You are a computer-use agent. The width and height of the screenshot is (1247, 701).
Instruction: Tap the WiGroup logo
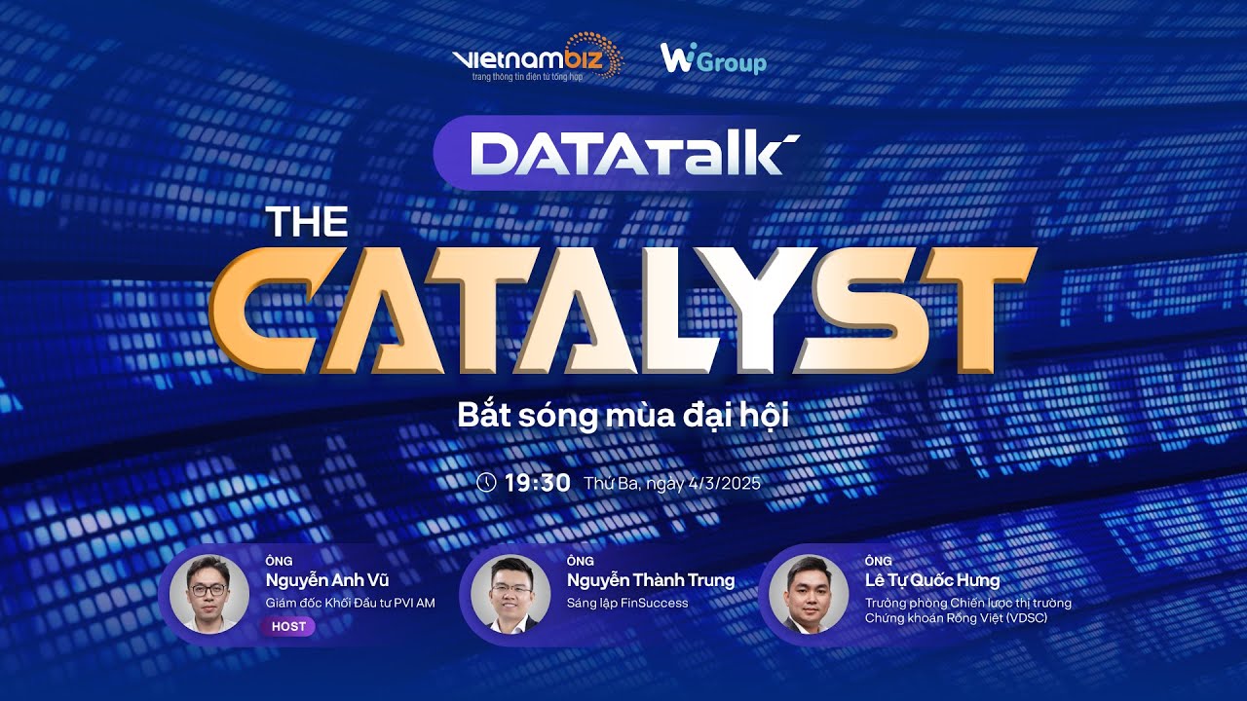[x=713, y=60]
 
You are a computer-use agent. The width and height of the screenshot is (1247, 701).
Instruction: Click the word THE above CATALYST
[x=307, y=223]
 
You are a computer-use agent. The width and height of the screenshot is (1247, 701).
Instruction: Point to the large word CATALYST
[x=623, y=310]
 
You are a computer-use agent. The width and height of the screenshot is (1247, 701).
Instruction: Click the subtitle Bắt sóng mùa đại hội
[x=623, y=415]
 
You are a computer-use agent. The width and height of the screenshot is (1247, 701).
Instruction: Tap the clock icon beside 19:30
[x=486, y=482]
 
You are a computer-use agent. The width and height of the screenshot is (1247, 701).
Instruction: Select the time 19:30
[x=537, y=482]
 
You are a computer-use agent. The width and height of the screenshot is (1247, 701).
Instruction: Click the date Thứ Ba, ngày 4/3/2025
[x=672, y=483]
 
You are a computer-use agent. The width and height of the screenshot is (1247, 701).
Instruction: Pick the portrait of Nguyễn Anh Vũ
[x=208, y=593]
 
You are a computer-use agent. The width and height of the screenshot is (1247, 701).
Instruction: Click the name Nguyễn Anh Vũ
[x=326, y=581]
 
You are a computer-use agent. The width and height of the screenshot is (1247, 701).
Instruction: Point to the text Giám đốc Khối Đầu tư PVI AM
[x=350, y=604]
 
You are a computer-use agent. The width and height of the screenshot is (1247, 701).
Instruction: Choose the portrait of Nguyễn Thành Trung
[x=510, y=593]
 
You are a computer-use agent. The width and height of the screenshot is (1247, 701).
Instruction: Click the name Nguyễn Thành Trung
[x=650, y=581]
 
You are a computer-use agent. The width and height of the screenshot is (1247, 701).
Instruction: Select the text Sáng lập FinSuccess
[x=627, y=604]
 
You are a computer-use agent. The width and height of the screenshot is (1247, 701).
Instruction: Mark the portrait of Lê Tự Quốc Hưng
[x=808, y=593]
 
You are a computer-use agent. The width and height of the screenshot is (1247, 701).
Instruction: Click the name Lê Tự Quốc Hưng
[x=931, y=581]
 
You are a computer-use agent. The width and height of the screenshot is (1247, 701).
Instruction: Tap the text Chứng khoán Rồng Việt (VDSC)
[x=956, y=618]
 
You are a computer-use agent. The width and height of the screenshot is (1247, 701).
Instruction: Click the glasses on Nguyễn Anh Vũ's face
[x=208, y=590]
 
